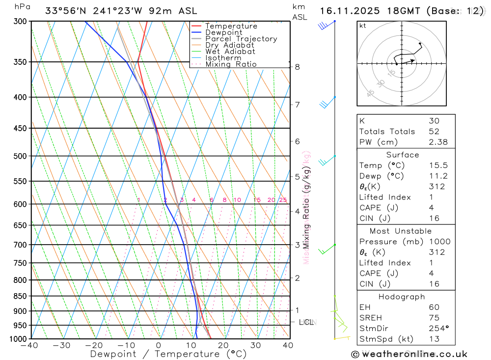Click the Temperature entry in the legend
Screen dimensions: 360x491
tap(231, 26)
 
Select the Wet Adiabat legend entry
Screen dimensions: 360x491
tap(230, 52)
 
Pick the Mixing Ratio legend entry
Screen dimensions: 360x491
tap(231, 64)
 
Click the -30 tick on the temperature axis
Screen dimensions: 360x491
tap(62, 345)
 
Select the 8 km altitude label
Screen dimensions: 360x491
tap(297, 67)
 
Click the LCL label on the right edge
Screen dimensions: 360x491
tap(306, 322)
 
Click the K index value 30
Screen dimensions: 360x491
tap(434, 121)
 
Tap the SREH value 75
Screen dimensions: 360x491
tap(434, 318)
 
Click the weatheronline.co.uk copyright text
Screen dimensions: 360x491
tap(409, 354)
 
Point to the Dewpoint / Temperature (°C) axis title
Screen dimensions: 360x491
tap(168, 354)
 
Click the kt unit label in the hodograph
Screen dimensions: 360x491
tap(362, 26)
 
